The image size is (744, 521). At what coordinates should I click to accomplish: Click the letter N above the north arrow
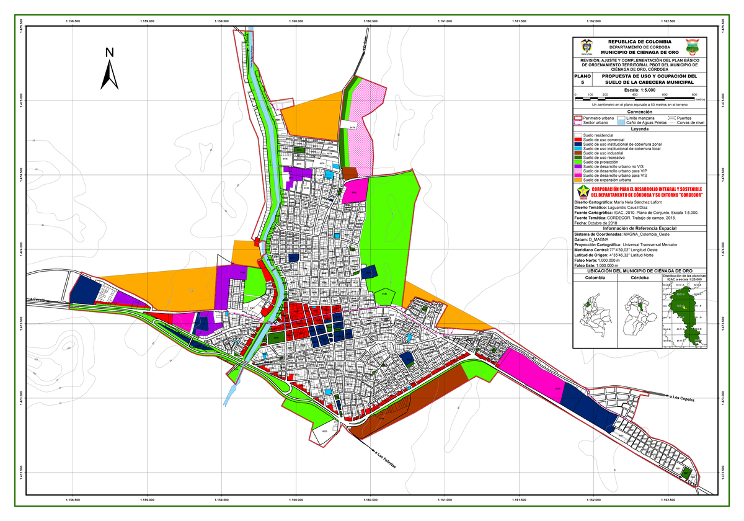(109, 53)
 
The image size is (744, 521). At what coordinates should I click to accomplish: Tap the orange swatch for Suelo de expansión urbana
(578, 180)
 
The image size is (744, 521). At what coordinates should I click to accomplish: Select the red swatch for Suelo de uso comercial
(578, 140)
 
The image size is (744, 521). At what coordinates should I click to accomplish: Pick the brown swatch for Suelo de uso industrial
(578, 153)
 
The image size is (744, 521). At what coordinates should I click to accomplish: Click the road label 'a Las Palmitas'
(385, 460)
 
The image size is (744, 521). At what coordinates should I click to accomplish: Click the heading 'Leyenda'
(639, 130)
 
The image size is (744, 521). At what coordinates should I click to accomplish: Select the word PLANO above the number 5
(583, 76)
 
